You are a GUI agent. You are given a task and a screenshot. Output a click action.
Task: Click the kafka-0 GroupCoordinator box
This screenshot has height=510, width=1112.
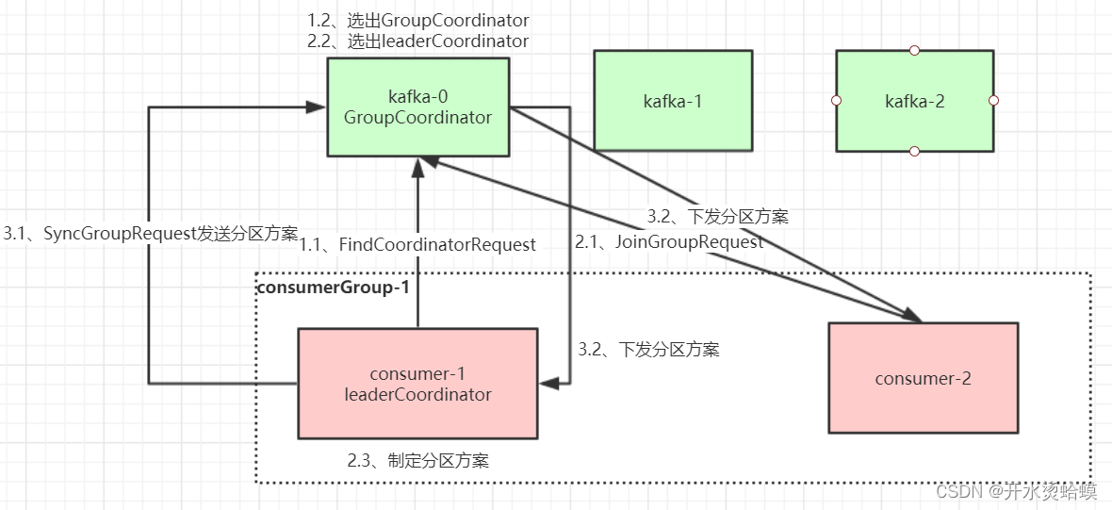(417, 107)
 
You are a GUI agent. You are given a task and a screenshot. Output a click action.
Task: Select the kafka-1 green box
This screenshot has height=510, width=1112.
(673, 101)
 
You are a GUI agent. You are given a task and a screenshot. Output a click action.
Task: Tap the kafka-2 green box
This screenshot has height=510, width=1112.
(914, 101)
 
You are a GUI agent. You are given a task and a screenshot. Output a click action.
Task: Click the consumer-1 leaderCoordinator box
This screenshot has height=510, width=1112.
(417, 384)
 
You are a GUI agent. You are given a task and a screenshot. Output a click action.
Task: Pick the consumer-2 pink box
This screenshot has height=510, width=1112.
(923, 378)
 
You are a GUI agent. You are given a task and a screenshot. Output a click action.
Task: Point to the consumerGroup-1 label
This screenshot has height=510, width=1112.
(333, 287)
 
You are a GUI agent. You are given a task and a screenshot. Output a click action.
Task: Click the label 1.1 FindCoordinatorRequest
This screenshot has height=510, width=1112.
(417, 244)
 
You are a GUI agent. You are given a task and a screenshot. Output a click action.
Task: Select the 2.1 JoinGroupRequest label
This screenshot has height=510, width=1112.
(669, 241)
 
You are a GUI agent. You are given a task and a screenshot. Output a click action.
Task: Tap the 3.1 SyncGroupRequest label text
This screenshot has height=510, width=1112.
(150, 234)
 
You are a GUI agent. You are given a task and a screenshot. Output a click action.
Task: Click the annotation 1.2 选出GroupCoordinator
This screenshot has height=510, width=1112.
(417, 20)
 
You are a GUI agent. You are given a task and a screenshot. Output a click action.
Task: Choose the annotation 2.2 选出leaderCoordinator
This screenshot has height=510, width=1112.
(417, 41)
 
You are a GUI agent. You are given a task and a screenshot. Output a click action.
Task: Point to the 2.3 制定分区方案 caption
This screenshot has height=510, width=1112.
(417, 461)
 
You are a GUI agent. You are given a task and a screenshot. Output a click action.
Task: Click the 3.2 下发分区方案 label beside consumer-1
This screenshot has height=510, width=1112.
(648, 350)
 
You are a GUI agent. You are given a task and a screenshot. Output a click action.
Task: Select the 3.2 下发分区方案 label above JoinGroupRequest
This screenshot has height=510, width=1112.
(717, 216)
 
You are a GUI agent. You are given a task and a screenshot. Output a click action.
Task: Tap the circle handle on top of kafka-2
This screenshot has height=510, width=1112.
(914, 50)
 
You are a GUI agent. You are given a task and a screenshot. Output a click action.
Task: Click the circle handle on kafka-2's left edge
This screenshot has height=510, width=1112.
(836, 100)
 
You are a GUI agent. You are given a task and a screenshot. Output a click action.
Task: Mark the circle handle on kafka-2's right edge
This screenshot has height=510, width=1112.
(993, 100)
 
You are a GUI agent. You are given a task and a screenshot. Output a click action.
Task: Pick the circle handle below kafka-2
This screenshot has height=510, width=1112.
(914, 151)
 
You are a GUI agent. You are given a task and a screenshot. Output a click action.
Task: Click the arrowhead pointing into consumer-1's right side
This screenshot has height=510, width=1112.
(548, 383)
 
